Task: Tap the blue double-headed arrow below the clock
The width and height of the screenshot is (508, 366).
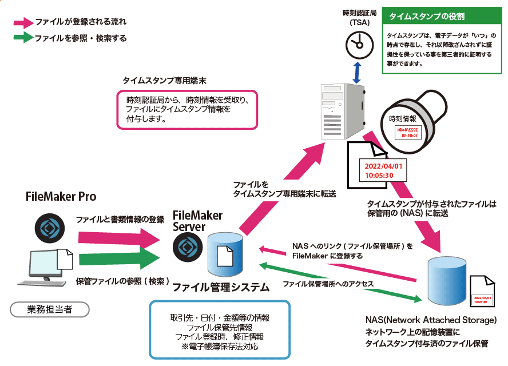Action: pyautogui.click(x=358, y=72)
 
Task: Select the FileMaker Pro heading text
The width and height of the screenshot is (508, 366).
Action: pyautogui.click(x=61, y=197)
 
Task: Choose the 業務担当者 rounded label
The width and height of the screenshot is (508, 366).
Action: pyautogui.click(x=50, y=309)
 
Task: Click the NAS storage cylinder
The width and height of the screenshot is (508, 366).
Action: pyautogui.click(x=448, y=281)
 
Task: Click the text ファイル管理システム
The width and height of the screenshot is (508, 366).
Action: pyautogui.click(x=220, y=287)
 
